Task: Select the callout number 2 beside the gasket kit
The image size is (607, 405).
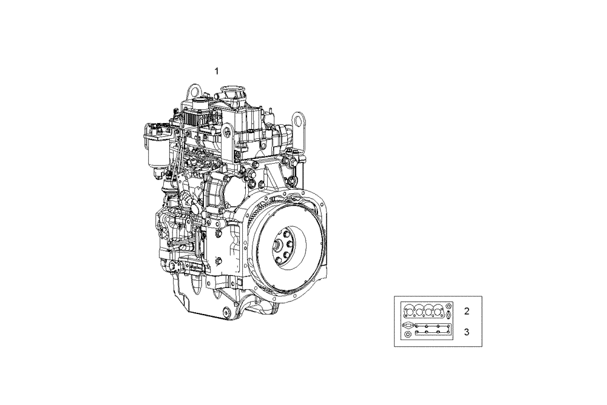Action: pos(466,312)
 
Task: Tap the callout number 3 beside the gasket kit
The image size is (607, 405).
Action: pos(466,332)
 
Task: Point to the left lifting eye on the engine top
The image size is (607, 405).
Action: pos(194,92)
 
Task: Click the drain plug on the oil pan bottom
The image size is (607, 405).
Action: pos(226,313)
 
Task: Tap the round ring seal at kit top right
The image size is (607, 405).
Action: pos(448,306)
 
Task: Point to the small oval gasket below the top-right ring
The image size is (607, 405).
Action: pos(448,315)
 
